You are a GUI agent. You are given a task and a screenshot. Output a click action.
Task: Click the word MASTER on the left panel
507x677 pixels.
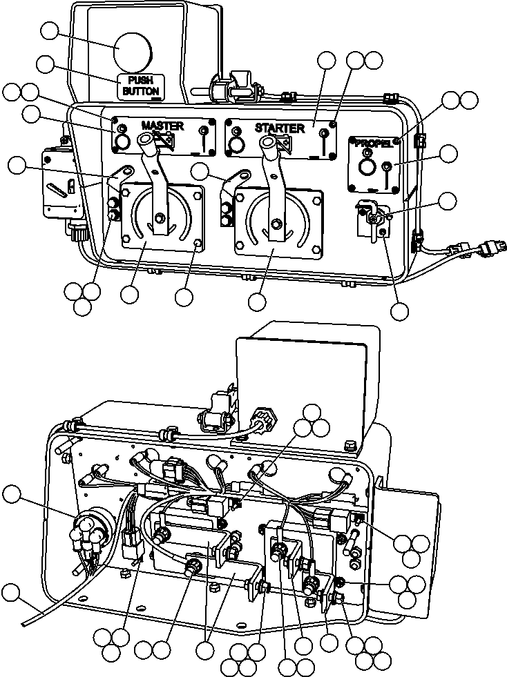(162, 126)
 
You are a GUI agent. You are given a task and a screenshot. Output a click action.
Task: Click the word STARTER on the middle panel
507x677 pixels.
(279, 128)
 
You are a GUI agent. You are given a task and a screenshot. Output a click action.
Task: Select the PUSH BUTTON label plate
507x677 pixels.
(141, 85)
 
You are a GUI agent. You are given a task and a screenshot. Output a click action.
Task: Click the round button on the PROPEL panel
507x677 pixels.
(367, 168)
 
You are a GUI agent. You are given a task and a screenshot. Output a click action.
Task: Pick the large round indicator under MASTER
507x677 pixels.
(122, 141)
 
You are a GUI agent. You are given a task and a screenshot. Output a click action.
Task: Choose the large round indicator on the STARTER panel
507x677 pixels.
(237, 144)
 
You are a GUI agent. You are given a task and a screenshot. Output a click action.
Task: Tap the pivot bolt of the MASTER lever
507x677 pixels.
(160, 218)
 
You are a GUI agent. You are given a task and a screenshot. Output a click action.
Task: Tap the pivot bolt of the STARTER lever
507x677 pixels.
(276, 223)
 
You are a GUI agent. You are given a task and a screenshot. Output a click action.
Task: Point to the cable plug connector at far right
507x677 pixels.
(491, 247)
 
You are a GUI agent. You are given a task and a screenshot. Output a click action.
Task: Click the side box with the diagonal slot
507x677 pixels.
(59, 185)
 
